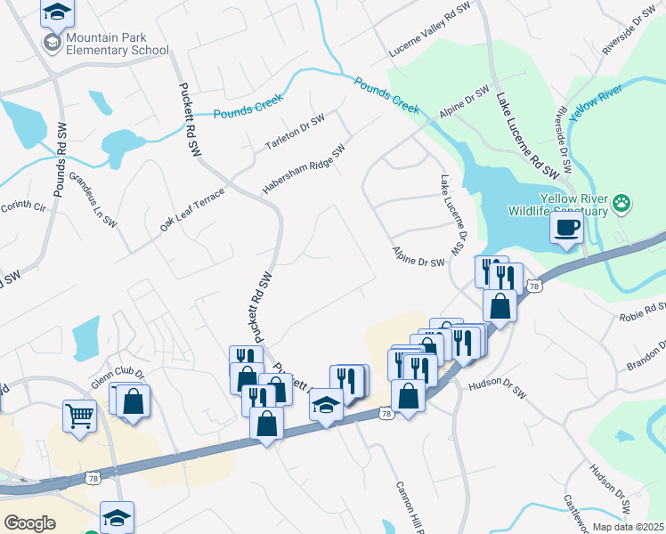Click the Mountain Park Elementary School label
[117, 44]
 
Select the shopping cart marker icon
[79, 415]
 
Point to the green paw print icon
[622, 205]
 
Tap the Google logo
[29, 523]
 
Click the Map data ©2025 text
[627, 527]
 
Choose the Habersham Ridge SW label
[303, 170]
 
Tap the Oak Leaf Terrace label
[192, 210]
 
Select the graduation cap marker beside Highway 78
[327, 406]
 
